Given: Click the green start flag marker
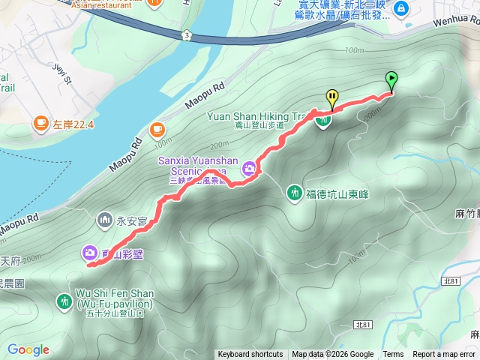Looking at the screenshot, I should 391,79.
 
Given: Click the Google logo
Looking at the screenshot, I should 28,349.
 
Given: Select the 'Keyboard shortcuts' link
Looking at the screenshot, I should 250,355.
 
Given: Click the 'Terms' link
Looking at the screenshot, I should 393,355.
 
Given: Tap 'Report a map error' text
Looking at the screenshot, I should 444,355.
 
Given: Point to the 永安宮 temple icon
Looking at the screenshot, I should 104,221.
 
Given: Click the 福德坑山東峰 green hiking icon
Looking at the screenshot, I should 294,193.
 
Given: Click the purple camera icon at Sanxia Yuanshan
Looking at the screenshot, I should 248,172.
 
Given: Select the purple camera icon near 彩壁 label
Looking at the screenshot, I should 90,253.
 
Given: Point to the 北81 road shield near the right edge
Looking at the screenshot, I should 451,280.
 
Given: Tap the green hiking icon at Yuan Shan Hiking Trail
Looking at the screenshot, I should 323,120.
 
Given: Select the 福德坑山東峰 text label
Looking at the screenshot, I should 334,193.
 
